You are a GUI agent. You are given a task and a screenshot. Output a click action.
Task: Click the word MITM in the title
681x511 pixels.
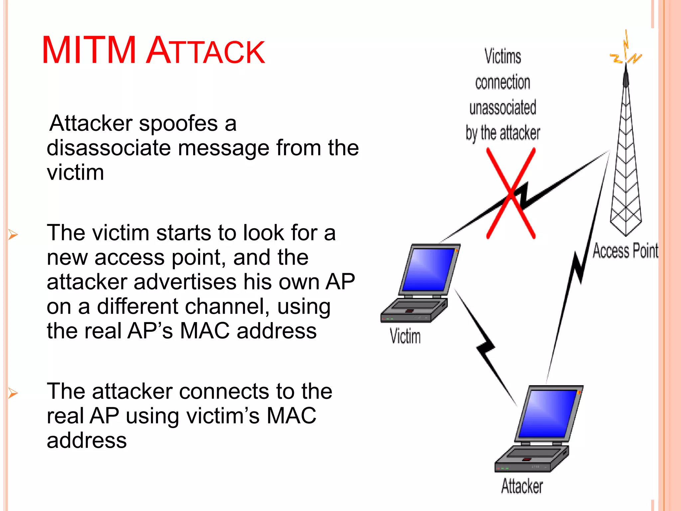pos(89,50)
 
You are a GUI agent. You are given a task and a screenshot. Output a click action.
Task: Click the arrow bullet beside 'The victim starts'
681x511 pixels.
pos(13,234)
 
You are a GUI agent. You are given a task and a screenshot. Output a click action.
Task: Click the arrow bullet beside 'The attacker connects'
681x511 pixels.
pos(13,393)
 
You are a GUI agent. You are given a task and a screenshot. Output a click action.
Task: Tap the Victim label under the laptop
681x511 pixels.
pos(405,336)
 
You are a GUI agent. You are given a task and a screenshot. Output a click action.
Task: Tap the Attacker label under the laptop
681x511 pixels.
pos(522,486)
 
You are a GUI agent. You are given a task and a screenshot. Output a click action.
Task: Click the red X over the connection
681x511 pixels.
pos(511,193)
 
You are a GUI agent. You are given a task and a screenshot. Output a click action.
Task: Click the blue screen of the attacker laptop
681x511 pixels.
pos(547,414)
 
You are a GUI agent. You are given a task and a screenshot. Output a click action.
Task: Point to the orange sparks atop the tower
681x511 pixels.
pos(625,50)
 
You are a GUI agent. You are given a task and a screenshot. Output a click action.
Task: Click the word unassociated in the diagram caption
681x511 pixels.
pos(502,107)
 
